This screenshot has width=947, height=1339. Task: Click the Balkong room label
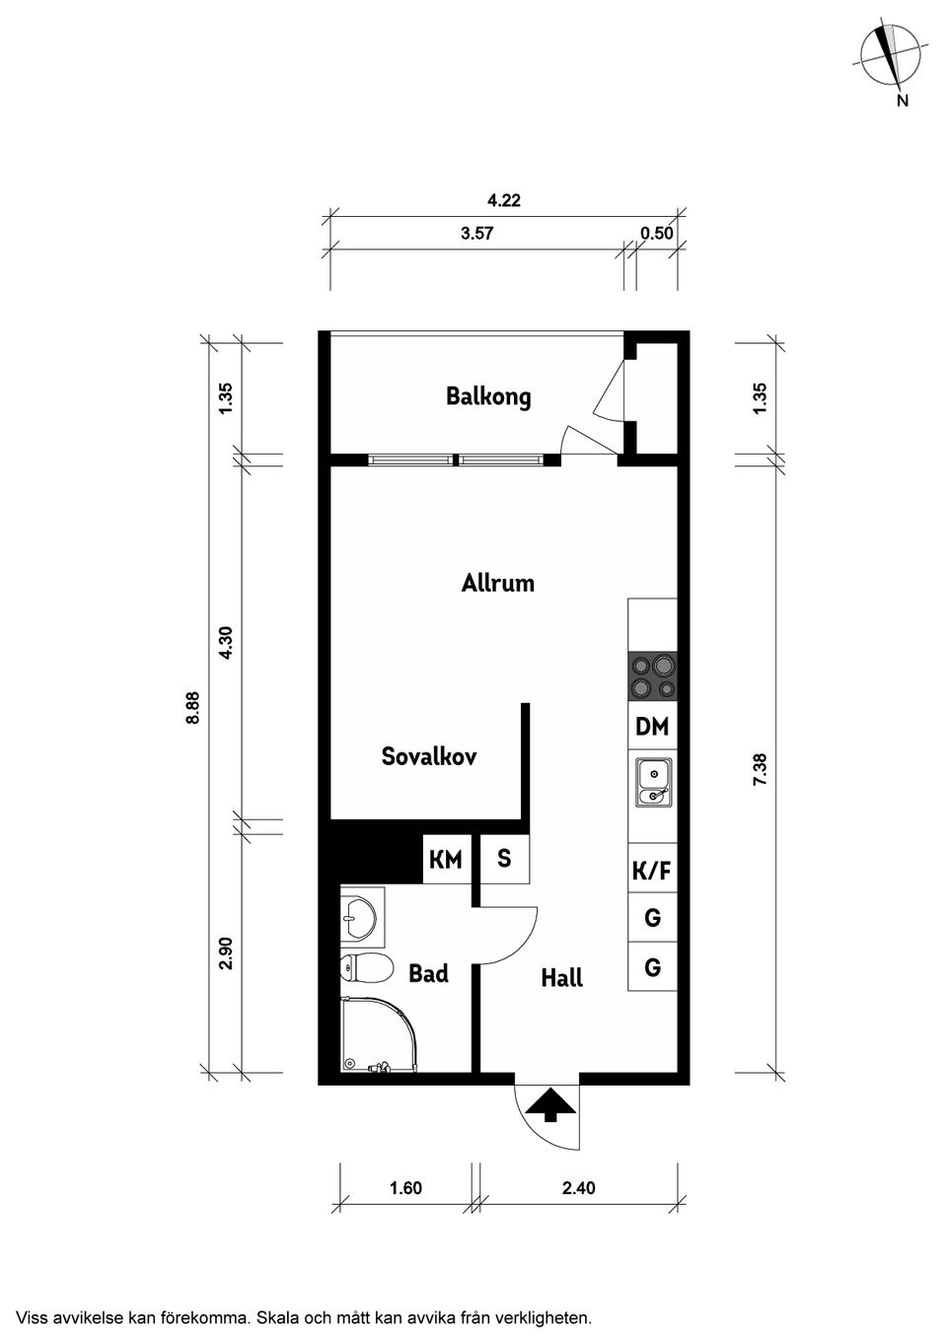click(x=488, y=396)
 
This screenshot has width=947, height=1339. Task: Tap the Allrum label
click(x=498, y=583)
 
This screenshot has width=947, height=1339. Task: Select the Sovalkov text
click(x=429, y=756)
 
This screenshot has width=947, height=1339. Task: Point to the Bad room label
click(x=428, y=973)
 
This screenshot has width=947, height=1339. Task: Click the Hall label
click(x=561, y=978)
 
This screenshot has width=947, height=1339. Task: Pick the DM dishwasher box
click(x=652, y=727)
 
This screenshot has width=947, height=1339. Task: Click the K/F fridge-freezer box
click(x=652, y=871)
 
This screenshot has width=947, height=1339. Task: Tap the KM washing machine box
click(x=446, y=860)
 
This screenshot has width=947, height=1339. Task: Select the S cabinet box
click(x=504, y=859)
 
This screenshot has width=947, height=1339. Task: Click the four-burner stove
click(x=652, y=677)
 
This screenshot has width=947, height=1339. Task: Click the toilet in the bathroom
click(x=361, y=968)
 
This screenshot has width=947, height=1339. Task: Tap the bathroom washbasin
click(x=359, y=914)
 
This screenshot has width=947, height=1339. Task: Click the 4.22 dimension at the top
click(x=504, y=200)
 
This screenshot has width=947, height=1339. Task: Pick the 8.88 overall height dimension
click(x=193, y=707)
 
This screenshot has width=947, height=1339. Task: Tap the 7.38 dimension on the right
click(x=760, y=769)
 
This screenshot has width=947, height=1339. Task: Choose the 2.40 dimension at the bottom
click(x=579, y=1188)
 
